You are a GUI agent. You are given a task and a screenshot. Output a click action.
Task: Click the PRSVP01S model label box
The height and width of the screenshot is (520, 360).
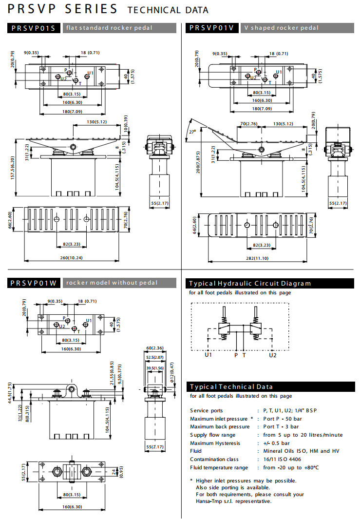click(x=34, y=28)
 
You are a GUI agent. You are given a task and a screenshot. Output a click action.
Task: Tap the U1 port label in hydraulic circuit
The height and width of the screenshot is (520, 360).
click(x=208, y=355)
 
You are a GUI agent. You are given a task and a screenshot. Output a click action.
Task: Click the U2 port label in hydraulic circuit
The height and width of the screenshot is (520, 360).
click(x=273, y=355)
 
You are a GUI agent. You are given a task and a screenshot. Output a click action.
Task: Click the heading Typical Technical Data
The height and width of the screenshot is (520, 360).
click(x=228, y=386)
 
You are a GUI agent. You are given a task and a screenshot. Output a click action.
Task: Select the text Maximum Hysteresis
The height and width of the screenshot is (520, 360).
click(x=215, y=443)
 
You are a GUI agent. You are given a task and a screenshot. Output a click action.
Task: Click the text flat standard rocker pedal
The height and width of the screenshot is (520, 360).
click(x=110, y=28)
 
